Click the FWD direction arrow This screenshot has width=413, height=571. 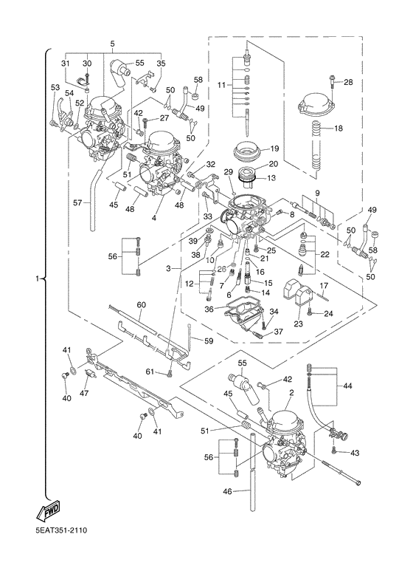click(x=47, y=511)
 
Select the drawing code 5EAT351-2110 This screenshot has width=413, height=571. click(x=61, y=541)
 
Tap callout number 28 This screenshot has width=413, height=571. click(x=348, y=82)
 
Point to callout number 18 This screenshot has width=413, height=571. click(x=338, y=129)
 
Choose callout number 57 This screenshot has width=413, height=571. click(x=77, y=203)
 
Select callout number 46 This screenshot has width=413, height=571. click(x=228, y=492)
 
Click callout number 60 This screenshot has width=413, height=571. click(x=141, y=304)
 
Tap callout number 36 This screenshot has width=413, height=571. click(x=209, y=309)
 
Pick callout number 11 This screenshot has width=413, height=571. click(x=221, y=85)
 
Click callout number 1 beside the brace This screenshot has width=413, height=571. click(x=37, y=278)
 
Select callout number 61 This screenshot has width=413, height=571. click(x=150, y=372)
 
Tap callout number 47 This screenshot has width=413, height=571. click(x=84, y=393)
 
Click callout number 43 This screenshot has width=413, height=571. click(x=355, y=453)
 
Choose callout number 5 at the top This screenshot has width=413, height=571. click(x=112, y=44)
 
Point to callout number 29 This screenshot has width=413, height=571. click(x=228, y=171)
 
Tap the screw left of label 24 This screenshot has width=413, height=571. click(x=310, y=312)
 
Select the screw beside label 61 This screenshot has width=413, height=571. click(x=169, y=374)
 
